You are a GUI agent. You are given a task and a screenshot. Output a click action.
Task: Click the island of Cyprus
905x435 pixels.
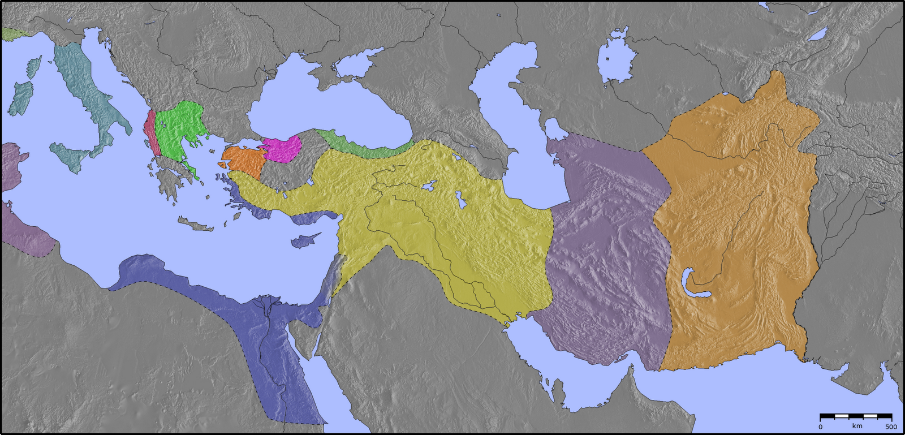pos(304,240)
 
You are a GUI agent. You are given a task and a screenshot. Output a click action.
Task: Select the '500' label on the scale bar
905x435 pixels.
pos(890,427)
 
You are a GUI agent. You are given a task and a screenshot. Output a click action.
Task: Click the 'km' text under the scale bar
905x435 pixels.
pos(857,426)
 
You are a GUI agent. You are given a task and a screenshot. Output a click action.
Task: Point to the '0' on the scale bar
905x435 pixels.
pos(821,427)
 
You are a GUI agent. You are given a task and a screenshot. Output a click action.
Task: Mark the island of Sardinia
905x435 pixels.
pos(21,96)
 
